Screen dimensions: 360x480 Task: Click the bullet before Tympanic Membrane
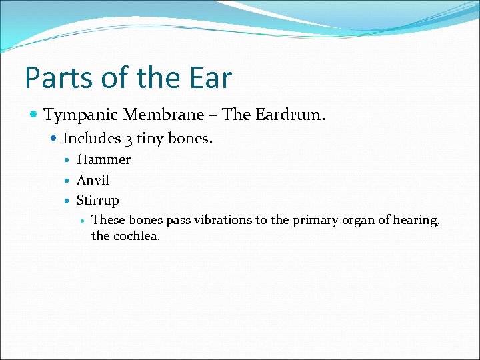(34, 116)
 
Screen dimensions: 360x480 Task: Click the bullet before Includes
(54, 139)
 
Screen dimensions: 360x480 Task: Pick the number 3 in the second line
(127, 139)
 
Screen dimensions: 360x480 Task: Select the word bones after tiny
(190, 139)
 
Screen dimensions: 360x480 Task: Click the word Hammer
(103, 160)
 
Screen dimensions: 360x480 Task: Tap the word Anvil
(93, 180)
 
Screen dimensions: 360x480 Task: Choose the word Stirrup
(97, 201)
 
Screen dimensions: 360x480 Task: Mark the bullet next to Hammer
(69, 161)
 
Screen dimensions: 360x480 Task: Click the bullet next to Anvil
(69, 181)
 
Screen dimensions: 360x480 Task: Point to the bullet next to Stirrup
(69, 201)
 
